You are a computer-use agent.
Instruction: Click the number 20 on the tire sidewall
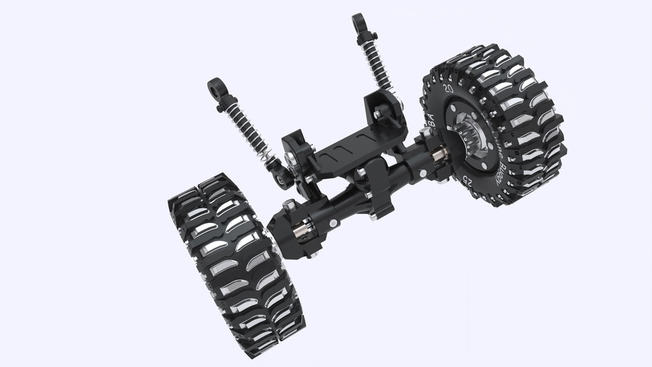click(x=448, y=88)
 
